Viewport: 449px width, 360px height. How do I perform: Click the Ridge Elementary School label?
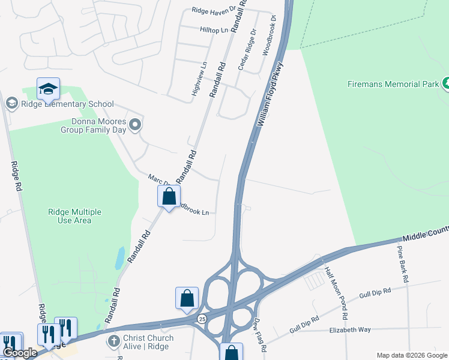[x=67, y=104]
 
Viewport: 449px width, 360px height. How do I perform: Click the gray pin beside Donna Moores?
[x=136, y=125]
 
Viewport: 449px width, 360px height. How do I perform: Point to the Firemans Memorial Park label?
[x=393, y=85]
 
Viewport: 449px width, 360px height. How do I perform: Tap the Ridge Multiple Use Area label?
[x=74, y=216]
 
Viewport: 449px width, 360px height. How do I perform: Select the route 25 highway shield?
[x=202, y=319]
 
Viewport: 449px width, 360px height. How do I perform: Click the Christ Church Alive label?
[x=148, y=342]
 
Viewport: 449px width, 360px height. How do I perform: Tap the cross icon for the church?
[x=113, y=341]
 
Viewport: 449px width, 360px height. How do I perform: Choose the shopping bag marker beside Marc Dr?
[x=169, y=196]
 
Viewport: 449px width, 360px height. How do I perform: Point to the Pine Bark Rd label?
[x=403, y=264]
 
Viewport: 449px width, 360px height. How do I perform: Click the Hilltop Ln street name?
[x=213, y=29]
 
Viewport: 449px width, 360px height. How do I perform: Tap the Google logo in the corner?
[x=19, y=353]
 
